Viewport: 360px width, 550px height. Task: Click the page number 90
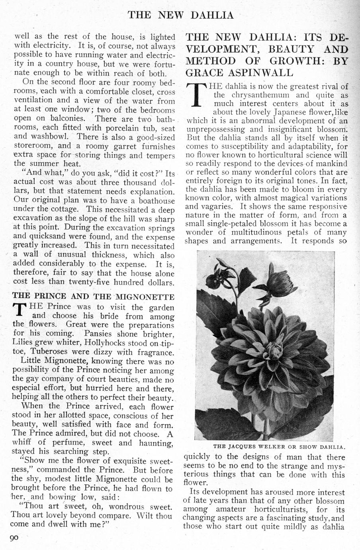[x=14, y=538]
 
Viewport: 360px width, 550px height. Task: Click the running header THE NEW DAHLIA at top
[x=180, y=15]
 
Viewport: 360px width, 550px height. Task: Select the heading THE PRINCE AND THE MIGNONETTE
[x=93, y=297]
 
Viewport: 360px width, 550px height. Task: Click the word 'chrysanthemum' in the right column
[x=263, y=95]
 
